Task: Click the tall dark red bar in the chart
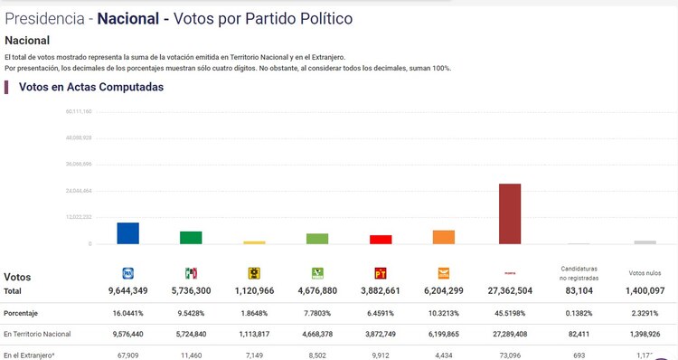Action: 510,213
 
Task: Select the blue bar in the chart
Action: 127,233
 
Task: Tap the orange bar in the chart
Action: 443,237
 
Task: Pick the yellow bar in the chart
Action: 254,242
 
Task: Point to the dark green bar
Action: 191,238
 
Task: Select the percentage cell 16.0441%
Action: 127,313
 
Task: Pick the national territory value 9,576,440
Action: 127,334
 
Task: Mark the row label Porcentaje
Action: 24,313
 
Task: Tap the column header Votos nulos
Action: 645,273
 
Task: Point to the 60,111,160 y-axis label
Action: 80,111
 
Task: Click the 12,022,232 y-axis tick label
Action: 80,217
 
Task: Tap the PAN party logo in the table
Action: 127,273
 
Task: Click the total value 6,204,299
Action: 443,291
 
